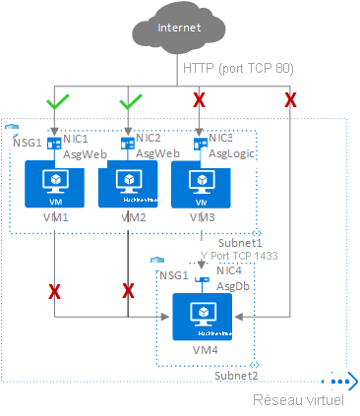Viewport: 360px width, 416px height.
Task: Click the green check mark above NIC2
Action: (x=130, y=100)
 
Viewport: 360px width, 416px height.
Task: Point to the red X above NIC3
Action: (x=200, y=100)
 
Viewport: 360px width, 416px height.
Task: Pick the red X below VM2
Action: (x=128, y=291)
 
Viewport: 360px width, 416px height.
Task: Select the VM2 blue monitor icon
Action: (x=130, y=183)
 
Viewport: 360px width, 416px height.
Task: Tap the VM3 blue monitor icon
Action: (x=202, y=183)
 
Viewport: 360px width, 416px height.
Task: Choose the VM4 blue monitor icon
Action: (x=203, y=314)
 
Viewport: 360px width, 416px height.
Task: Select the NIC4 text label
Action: (x=228, y=269)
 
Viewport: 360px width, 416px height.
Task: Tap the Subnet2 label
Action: (x=237, y=376)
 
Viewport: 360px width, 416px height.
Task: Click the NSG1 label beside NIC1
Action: (x=29, y=142)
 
